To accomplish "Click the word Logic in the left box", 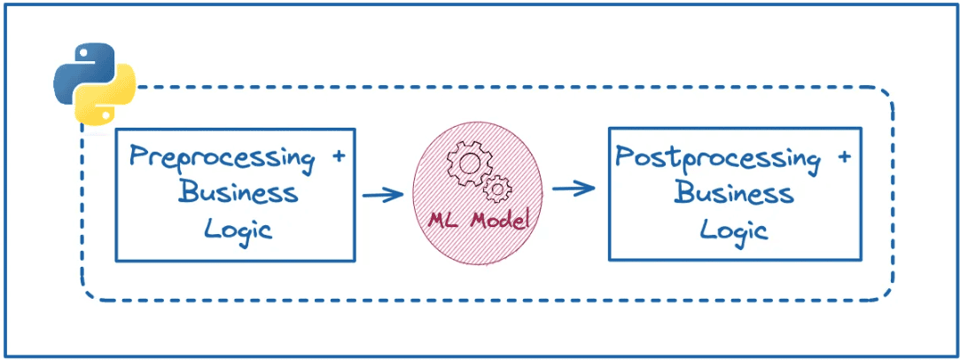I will click(238, 229).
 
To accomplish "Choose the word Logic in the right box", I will click(733, 229).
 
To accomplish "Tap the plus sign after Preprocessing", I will click(338, 156).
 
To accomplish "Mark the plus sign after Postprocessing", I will click(843, 157).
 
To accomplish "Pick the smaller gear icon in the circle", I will click(498, 187).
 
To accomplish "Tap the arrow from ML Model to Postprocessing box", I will click(572, 189).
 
